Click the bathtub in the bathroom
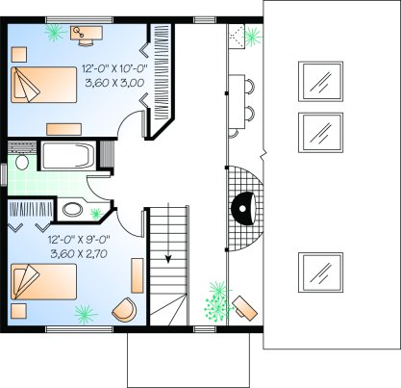[x=68, y=156]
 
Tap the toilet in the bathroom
[x=22, y=162]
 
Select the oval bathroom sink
[x=73, y=210]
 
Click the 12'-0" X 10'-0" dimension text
[x=114, y=68]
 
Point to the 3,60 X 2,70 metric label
[x=79, y=254]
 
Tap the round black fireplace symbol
[x=243, y=208]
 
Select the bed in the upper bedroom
[x=44, y=85]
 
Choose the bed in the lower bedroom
[x=44, y=282]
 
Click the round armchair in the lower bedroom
[x=124, y=309]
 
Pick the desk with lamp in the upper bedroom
[x=87, y=34]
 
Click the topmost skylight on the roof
[x=320, y=81]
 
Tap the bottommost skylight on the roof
[x=320, y=272]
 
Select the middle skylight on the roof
[x=320, y=132]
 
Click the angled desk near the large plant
[x=245, y=307]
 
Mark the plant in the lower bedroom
[x=85, y=314]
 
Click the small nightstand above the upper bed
[x=19, y=55]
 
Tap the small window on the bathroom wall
[x=4, y=174]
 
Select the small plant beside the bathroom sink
[x=96, y=214]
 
